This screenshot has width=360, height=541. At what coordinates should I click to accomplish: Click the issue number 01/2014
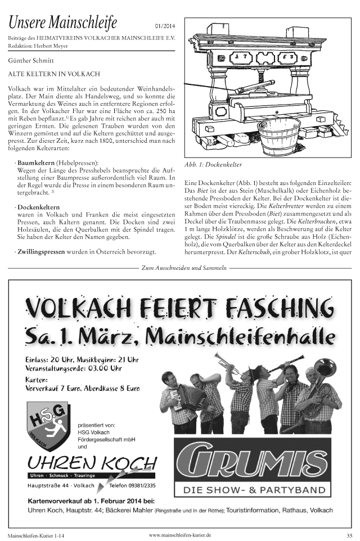[x=164, y=26]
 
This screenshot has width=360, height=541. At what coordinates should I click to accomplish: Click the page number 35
[x=349, y=535]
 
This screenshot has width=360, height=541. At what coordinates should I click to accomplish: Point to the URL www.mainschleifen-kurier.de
[x=180, y=534]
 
